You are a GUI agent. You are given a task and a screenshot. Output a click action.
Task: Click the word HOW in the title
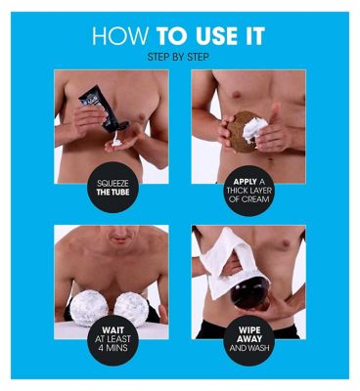[120, 36]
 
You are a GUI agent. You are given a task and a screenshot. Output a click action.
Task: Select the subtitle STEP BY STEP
[178, 57]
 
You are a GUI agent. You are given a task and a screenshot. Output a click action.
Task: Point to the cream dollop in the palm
[116, 143]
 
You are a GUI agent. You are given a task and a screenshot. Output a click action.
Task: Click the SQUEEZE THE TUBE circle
[112, 188]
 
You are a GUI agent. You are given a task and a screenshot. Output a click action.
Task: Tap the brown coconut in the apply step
[243, 132]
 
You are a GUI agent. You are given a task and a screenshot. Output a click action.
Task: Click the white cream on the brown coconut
[255, 130]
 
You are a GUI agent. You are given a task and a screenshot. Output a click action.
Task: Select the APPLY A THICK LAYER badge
[249, 191]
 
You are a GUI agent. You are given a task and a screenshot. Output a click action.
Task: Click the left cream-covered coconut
[89, 308]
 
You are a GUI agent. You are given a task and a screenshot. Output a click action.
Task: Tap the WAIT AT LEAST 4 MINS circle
[112, 339]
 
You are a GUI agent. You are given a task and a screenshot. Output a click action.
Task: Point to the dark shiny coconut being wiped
[249, 295]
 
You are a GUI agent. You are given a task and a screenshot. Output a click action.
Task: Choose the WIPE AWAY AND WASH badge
[249, 339]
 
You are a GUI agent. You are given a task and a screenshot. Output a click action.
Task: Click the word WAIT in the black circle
[112, 330]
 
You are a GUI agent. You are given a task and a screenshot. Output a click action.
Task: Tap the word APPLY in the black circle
[245, 181]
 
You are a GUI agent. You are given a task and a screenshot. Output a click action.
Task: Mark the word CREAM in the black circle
[255, 198]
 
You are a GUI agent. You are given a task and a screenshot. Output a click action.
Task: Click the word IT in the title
[255, 36]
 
